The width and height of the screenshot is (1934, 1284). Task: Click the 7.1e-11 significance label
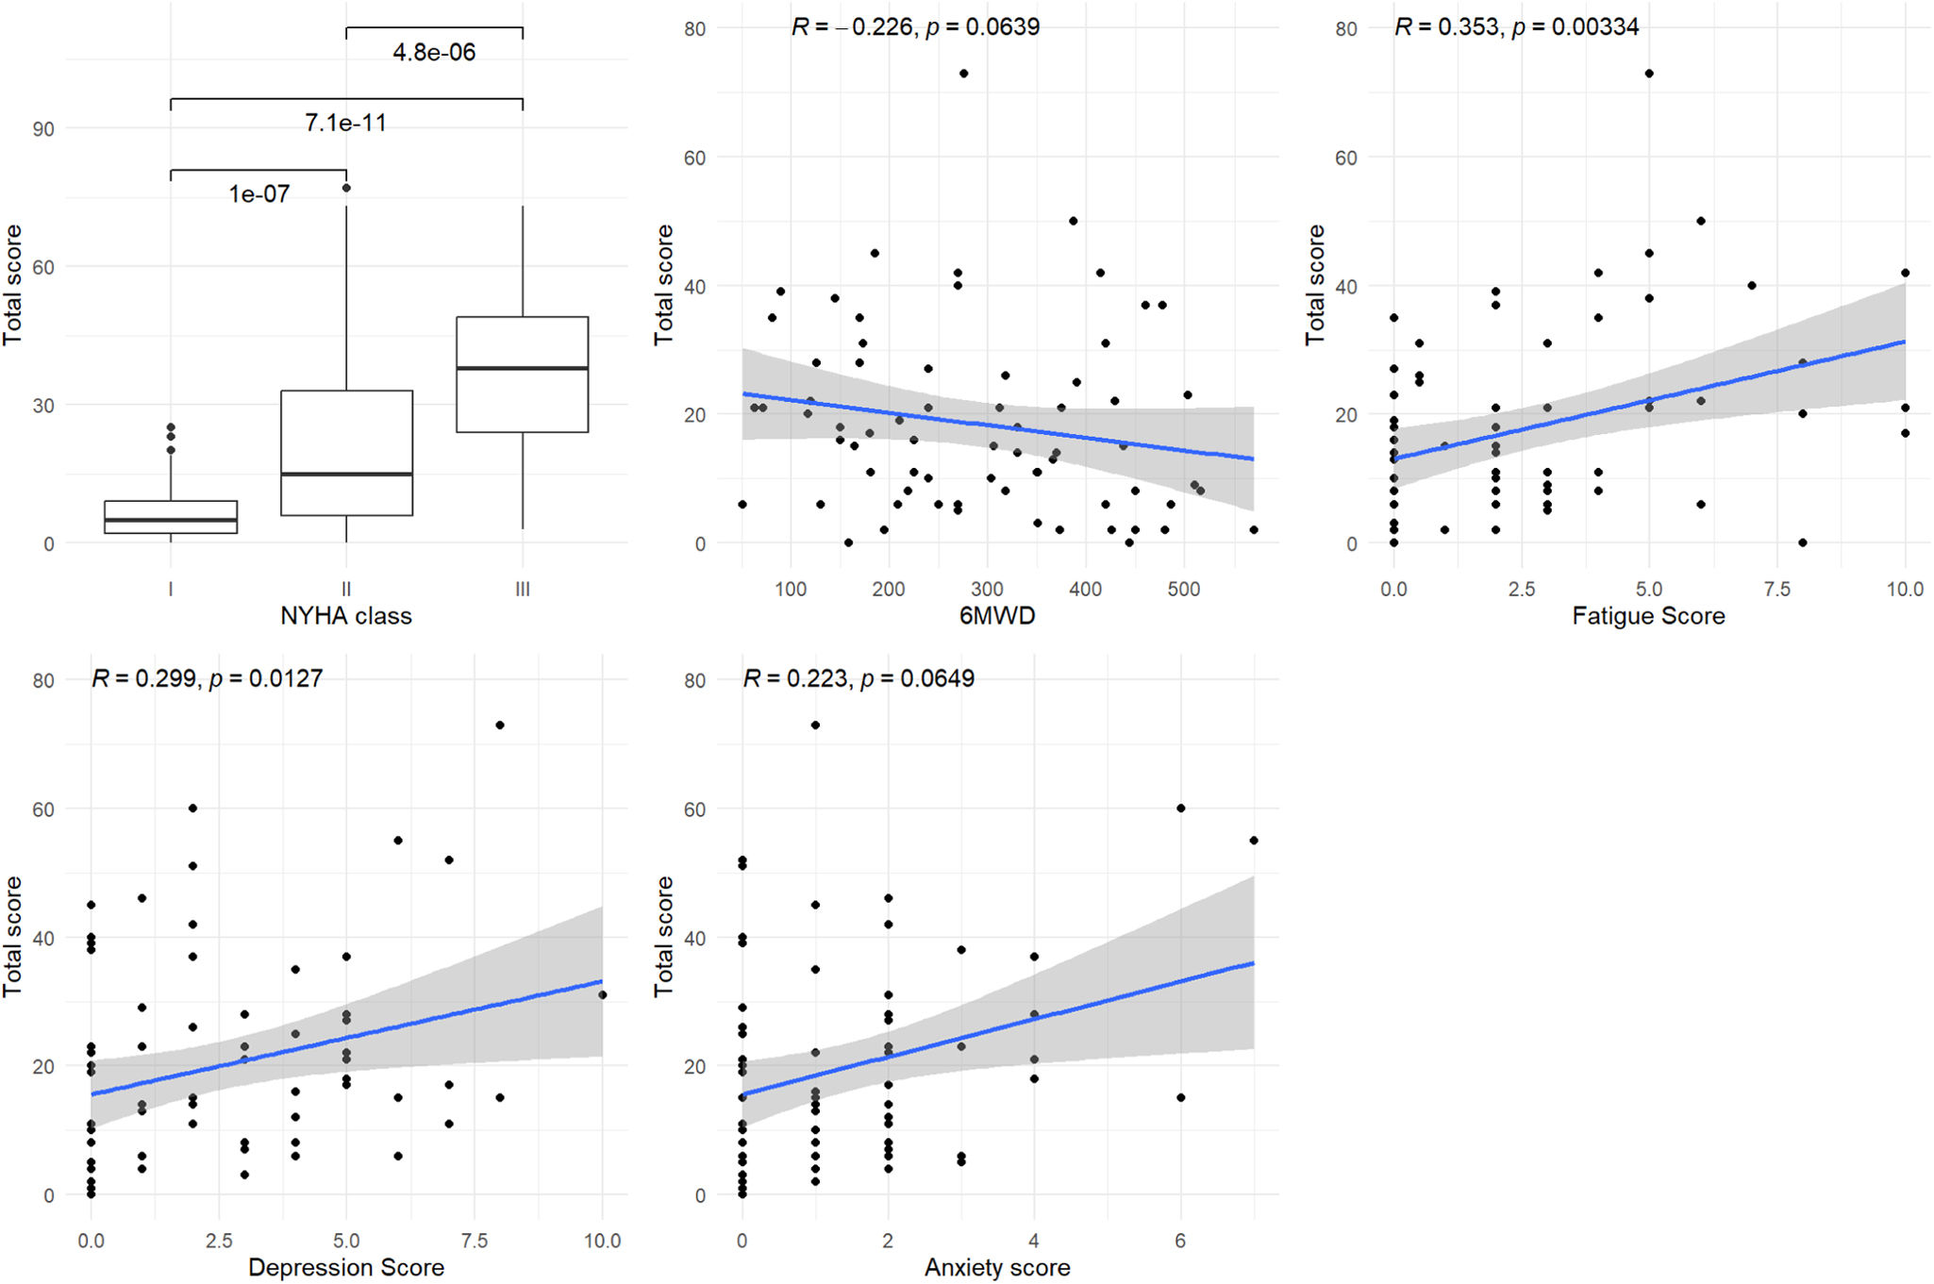[x=345, y=123]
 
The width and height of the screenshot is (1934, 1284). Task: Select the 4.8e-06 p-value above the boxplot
[x=434, y=52]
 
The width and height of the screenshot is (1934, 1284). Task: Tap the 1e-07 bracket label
[x=258, y=193]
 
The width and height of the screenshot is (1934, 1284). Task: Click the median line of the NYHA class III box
[x=522, y=368]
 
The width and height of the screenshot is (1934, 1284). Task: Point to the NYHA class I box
[x=171, y=517]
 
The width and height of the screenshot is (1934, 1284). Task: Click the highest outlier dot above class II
[x=346, y=188]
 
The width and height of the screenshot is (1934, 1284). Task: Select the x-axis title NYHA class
[x=346, y=616]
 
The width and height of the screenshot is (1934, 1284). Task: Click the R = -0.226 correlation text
[x=915, y=26]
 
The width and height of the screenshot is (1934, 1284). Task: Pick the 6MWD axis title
[x=997, y=616]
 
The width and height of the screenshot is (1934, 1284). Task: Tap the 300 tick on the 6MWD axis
[x=987, y=590]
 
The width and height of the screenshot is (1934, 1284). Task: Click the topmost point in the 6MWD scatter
[x=963, y=74]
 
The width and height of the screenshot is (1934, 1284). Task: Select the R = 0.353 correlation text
[x=1516, y=26]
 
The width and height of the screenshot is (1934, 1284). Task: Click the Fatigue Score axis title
[x=1648, y=616]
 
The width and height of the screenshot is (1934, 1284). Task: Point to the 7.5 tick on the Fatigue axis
[x=1776, y=590]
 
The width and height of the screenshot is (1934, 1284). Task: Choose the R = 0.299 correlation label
[x=207, y=678]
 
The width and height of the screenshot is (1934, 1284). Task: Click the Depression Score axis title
[x=346, y=1267]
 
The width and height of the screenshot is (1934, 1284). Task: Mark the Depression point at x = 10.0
[x=602, y=994]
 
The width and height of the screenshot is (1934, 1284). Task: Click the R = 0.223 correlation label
[x=859, y=678]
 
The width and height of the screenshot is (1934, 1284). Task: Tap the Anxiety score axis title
[x=997, y=1267]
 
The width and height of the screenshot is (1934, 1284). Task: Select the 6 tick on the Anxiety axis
[x=1180, y=1241]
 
